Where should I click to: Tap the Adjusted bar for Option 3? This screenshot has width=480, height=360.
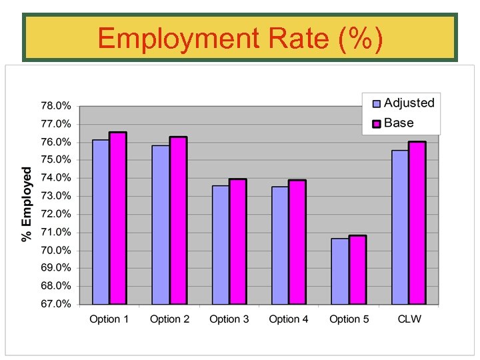[221, 245]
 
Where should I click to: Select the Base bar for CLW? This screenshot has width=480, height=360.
[417, 223]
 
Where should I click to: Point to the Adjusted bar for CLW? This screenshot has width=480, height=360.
[400, 227]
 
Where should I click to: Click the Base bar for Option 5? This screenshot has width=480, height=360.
[357, 269]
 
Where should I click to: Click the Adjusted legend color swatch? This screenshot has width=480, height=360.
[376, 103]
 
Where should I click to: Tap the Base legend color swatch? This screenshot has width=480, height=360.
[376, 123]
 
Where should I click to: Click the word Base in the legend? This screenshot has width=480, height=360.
[399, 123]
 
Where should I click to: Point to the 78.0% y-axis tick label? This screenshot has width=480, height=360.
[57, 106]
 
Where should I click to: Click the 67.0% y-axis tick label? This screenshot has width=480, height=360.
[57, 304]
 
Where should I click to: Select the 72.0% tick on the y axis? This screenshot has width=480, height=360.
[57, 214]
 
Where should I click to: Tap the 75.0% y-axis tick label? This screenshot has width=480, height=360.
[57, 160]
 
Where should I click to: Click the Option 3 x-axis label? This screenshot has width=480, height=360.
[229, 319]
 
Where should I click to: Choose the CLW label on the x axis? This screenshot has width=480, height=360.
[409, 319]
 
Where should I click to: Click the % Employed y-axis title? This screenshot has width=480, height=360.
[27, 205]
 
